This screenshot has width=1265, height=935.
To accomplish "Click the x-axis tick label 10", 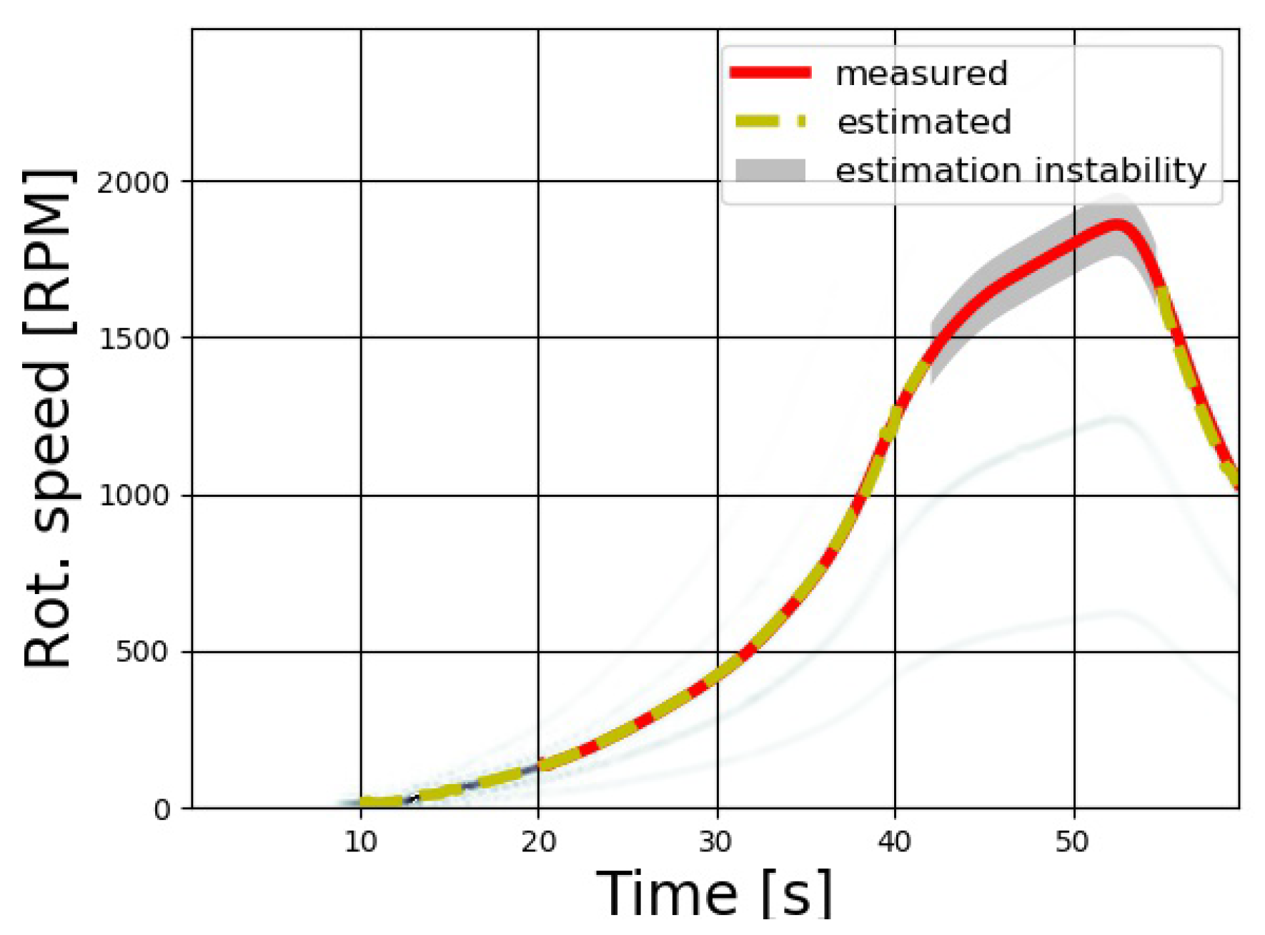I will pos(360,842).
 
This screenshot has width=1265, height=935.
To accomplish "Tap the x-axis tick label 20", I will pos(538,842).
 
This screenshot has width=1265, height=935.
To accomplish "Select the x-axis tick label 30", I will pos(716,842).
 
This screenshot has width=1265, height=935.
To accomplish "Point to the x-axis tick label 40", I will pos(894,842).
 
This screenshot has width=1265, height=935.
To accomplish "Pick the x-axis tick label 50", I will pos(1072,842).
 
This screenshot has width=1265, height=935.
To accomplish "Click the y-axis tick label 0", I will pos(162,810).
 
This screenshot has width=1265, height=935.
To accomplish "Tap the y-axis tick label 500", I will pos(142,652).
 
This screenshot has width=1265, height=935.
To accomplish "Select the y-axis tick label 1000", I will pos(134,495).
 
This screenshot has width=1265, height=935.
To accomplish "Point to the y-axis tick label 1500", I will pos(134,338).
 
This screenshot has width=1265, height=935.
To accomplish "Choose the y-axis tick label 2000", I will pos(134,182).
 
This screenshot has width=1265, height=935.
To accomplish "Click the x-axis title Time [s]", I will pos(715,894).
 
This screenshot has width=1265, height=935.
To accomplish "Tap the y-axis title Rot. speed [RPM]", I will pos(49,418).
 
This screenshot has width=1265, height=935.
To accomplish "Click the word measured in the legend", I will pos(921,74).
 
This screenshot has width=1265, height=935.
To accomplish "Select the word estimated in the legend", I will pos(924,122).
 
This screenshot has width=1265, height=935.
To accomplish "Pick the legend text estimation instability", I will pos(1021,171).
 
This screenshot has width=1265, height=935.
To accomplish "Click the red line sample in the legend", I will pos(770,72).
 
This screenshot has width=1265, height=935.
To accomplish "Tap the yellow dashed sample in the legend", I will pos(770,122).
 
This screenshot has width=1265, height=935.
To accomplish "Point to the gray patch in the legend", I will pos(770,170).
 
